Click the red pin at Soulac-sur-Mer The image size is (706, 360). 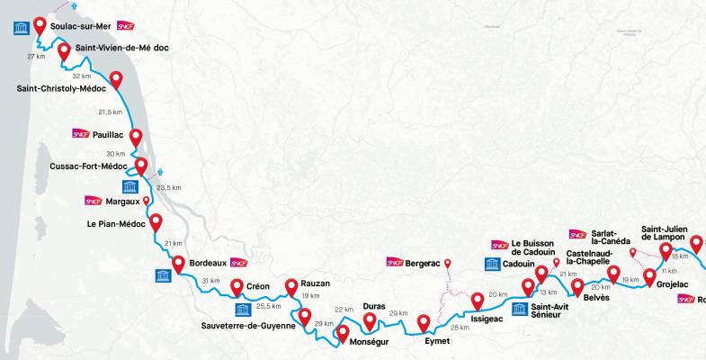tap(40, 24)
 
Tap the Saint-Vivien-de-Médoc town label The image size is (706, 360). tap(122, 48)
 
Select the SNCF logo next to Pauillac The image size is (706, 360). tap(80, 134)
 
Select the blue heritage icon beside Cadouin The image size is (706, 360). tap(492, 264)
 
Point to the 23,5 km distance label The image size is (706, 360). tap(169, 188)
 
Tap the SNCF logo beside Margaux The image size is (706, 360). tap(93, 201)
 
